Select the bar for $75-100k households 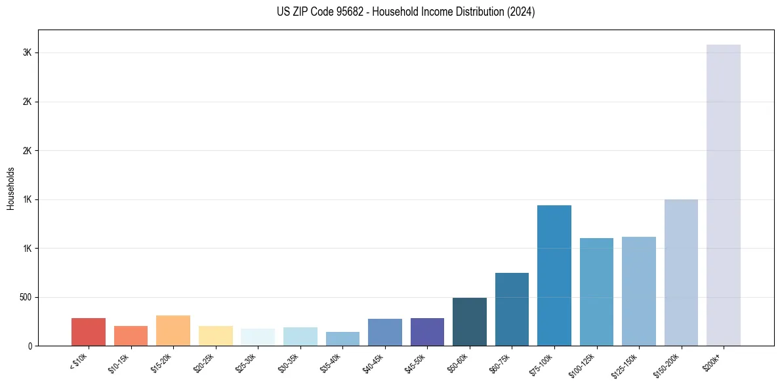point(554,275)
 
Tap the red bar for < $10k point(89,332)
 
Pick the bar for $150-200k point(681,272)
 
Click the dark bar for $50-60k point(470,321)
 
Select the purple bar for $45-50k point(427,332)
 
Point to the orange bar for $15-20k point(173,331)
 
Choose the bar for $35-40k point(342,338)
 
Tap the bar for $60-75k point(512,309)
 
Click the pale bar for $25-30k point(258,337)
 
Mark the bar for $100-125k point(596,292)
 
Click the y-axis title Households point(10,188)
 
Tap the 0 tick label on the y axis point(31,346)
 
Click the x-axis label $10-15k point(119,362)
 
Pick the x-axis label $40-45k point(373,362)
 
